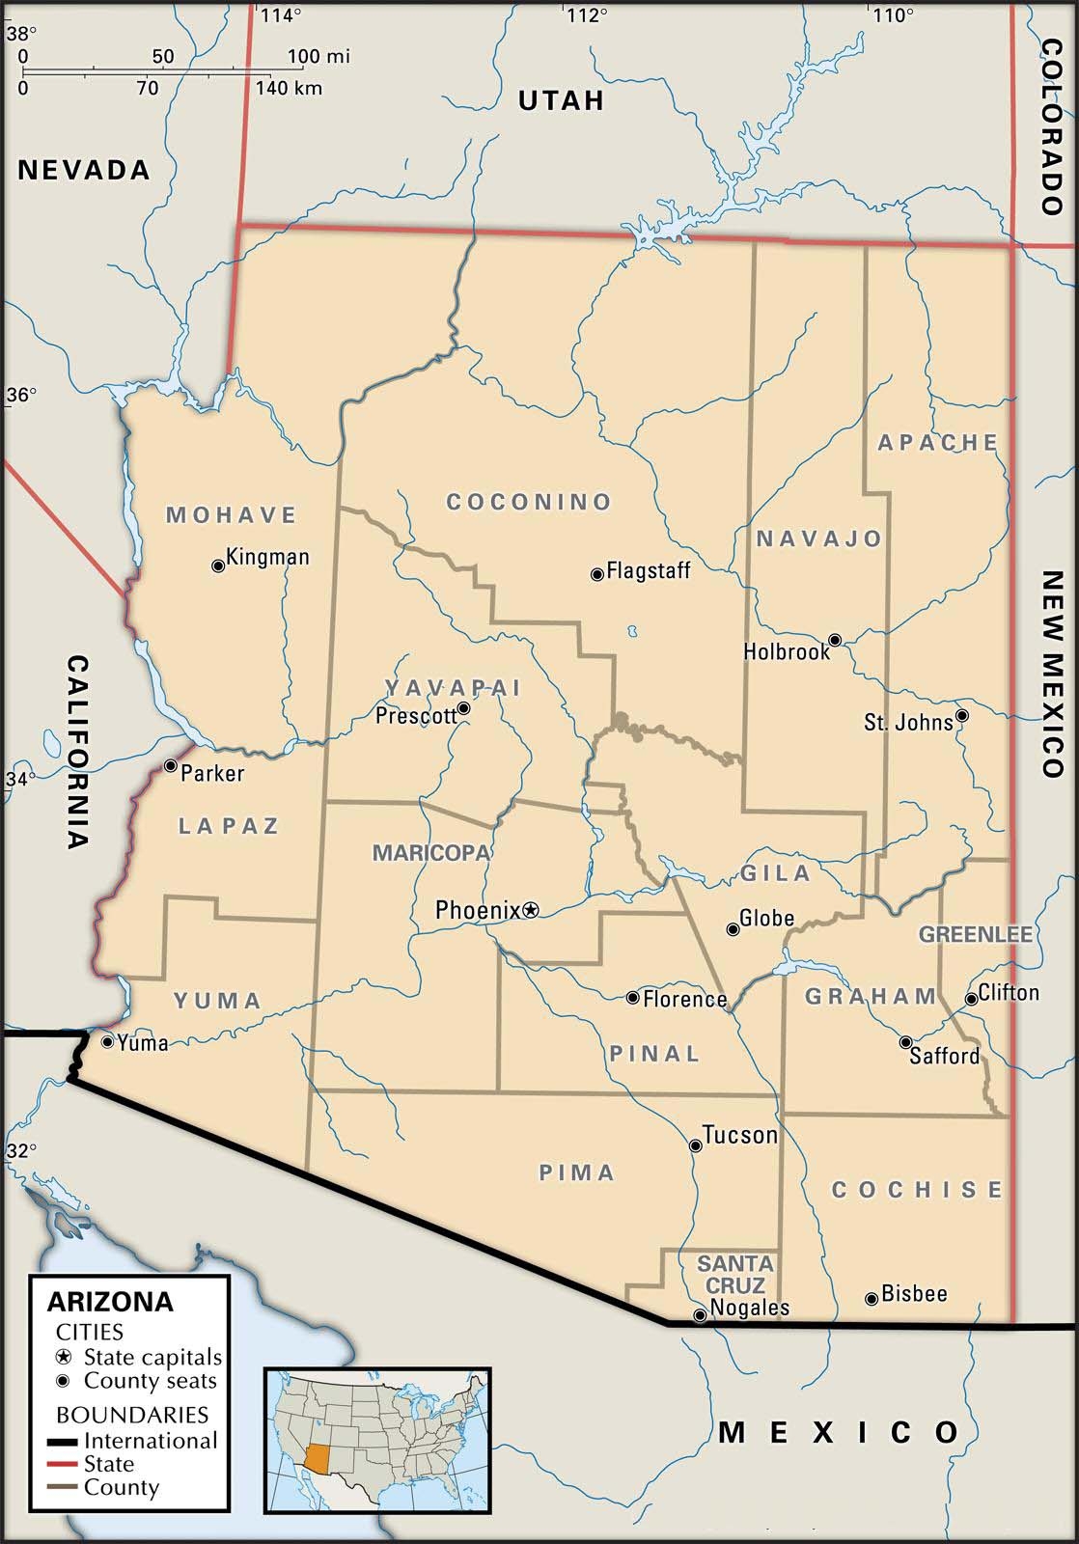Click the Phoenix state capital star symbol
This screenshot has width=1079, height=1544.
531,909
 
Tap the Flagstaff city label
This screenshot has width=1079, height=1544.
648,570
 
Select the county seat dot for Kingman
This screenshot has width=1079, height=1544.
218,566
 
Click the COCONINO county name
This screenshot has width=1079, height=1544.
529,502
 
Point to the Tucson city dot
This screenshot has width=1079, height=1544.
695,1145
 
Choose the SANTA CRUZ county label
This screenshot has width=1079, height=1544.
735,1274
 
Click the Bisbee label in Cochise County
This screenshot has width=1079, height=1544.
914,1293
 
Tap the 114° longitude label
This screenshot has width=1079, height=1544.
282,14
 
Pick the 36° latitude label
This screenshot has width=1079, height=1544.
21,395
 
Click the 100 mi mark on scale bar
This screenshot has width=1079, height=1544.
318,57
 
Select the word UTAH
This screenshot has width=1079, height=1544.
561,100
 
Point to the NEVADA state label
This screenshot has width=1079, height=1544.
85,170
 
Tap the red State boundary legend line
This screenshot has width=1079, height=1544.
64,1464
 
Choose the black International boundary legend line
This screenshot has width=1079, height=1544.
64,1441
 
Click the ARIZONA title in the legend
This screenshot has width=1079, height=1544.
110,1302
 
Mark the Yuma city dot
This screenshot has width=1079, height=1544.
107,1041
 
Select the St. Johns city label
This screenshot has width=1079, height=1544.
908,722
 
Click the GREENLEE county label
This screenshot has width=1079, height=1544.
975,934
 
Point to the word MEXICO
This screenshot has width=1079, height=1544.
839,1432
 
